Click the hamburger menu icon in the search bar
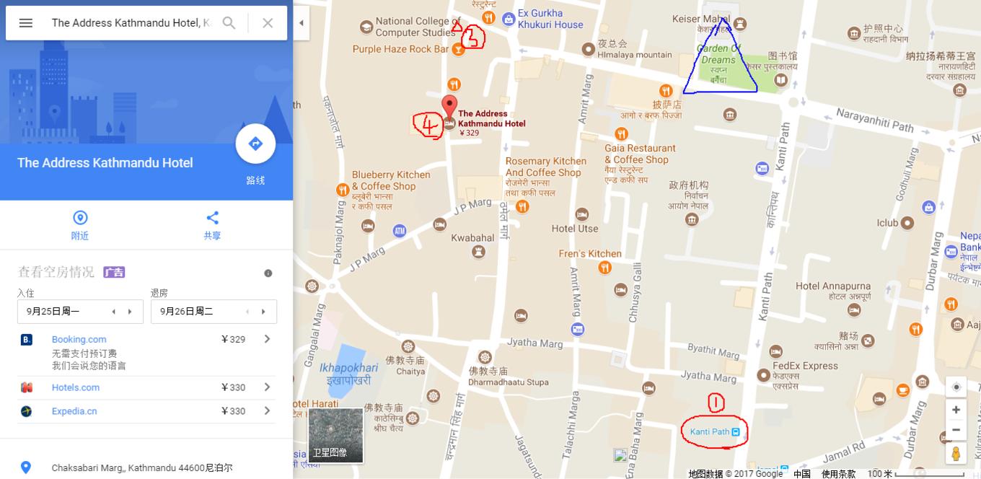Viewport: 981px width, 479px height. click(x=26, y=23)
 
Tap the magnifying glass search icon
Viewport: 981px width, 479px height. click(x=229, y=23)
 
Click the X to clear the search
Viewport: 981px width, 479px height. click(x=268, y=23)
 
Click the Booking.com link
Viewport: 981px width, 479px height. click(x=79, y=339)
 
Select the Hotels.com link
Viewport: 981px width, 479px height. click(x=75, y=387)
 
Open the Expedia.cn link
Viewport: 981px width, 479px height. click(x=74, y=411)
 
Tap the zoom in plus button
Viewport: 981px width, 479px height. click(x=956, y=410)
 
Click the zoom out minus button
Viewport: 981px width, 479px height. click(x=956, y=430)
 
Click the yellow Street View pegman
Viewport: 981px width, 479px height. click(x=956, y=454)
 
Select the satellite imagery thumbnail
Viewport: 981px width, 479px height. click(x=335, y=435)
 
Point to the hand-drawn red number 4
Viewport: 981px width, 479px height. click(x=428, y=126)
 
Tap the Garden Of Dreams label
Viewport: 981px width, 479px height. click(x=718, y=54)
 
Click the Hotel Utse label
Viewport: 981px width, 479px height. click(x=575, y=229)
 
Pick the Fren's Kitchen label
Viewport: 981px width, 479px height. click(x=589, y=254)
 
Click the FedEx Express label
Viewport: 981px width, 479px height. click(x=805, y=366)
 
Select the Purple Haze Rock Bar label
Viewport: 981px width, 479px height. click(x=400, y=49)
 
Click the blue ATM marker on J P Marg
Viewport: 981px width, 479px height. click(x=399, y=231)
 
